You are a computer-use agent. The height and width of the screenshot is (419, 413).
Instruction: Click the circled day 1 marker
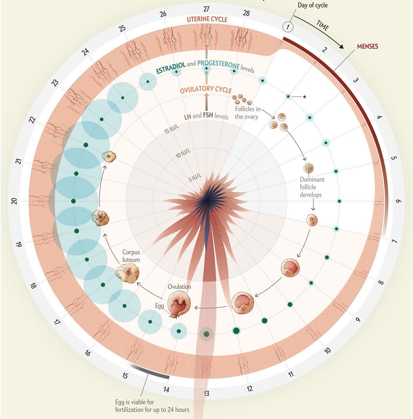pyautogui.click(x=288, y=27)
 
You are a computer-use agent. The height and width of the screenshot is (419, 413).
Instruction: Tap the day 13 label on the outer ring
pyautogui.click(x=206, y=394)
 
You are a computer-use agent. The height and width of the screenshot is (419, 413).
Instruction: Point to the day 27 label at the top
pyautogui.click(x=206, y=8)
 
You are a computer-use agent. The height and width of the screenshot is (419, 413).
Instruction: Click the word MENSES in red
pyautogui.click(x=367, y=46)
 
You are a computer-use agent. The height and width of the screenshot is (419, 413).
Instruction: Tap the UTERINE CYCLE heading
pyautogui.click(x=207, y=20)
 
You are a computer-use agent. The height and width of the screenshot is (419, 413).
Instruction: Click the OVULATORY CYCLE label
pyautogui.click(x=206, y=90)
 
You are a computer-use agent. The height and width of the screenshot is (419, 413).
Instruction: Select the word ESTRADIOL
pyautogui.click(x=171, y=67)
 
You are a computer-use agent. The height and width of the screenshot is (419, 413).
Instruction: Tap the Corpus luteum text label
pyautogui.click(x=131, y=256)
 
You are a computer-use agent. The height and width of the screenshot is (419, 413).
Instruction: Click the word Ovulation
pyautogui.click(x=180, y=287)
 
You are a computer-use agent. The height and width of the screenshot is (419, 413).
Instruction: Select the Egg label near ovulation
pyautogui.click(x=159, y=306)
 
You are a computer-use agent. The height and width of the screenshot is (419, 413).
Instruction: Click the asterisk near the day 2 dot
pyautogui.click(x=304, y=97)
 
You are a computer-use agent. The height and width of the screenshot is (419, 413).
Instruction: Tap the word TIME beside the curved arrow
pyautogui.click(x=322, y=25)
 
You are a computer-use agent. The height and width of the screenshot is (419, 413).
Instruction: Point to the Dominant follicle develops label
pyautogui.click(x=312, y=187)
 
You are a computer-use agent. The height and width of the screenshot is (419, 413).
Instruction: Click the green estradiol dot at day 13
pyautogui.click(x=206, y=334)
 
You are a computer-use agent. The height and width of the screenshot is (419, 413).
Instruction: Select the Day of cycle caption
pyautogui.click(x=312, y=5)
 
